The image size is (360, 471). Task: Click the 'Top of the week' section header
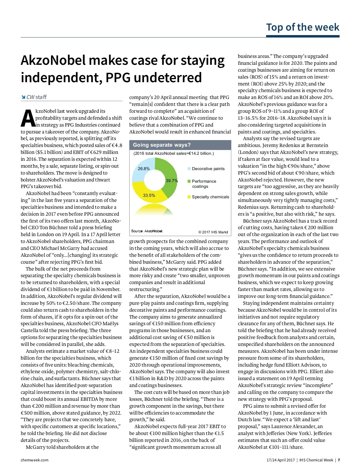(x=302, y=27)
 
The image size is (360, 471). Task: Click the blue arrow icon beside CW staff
(x=23, y=97)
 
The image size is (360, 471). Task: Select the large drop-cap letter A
(x=28, y=118)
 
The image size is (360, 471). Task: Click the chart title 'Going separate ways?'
(x=162, y=145)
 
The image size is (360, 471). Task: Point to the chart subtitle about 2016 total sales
(x=173, y=153)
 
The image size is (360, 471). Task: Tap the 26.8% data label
(x=144, y=169)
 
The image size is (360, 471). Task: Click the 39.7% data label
(x=172, y=181)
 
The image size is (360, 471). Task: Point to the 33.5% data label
(x=149, y=195)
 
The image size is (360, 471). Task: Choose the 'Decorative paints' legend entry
(x=208, y=169)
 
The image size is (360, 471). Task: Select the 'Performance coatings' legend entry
(x=204, y=184)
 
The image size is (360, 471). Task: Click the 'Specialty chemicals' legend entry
(x=210, y=197)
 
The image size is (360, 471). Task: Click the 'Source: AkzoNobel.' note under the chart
(x=147, y=231)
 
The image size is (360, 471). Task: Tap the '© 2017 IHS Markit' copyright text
(x=213, y=232)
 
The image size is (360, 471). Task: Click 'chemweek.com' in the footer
(x=34, y=460)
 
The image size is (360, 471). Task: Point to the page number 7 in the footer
(x=339, y=460)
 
